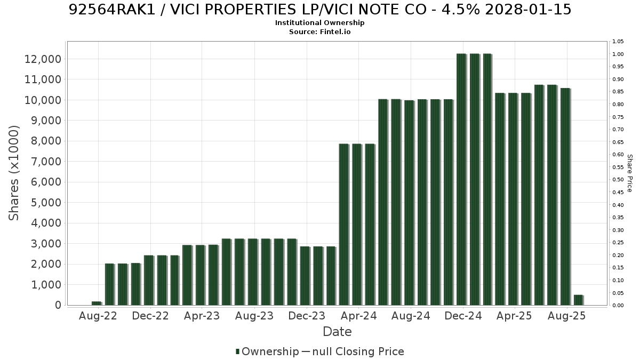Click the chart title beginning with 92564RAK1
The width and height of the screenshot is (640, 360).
click(x=319, y=10)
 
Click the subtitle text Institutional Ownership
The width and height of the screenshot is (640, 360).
click(x=319, y=23)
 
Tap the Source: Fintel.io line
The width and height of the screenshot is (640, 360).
click(x=319, y=31)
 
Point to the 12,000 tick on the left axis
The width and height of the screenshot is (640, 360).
click(x=43, y=59)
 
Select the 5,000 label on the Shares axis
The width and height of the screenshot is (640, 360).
click(x=46, y=203)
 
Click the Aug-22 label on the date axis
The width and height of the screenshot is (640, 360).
click(x=98, y=316)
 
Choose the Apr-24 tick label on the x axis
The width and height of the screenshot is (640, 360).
click(x=359, y=316)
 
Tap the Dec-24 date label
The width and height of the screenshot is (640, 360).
click(x=463, y=316)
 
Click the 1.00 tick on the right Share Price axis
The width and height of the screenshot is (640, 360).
click(x=618, y=54)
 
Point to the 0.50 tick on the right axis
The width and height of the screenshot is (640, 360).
click(x=618, y=180)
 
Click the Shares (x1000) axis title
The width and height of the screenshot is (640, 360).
click(x=13, y=173)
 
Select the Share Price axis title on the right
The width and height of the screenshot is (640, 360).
click(x=629, y=173)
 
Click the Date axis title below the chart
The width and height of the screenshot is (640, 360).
click(x=337, y=332)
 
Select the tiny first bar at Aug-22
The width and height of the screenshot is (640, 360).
click(x=97, y=303)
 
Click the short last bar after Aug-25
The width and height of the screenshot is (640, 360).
click(x=579, y=300)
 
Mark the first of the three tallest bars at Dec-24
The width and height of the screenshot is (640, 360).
click(x=461, y=179)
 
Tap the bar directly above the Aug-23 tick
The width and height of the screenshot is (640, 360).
click(x=253, y=272)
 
